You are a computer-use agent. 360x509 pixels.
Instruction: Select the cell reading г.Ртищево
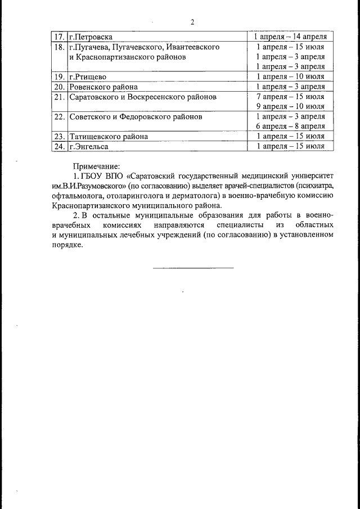[88, 76]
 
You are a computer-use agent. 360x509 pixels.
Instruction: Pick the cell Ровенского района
[103, 87]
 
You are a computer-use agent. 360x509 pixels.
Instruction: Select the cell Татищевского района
[109, 136]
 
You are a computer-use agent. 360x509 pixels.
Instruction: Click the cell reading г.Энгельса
[88, 146]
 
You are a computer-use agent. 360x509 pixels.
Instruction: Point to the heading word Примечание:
[96, 166]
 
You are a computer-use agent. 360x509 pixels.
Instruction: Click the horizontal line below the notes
[193, 267]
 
